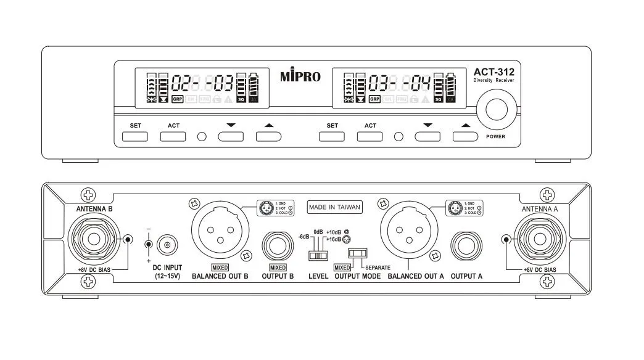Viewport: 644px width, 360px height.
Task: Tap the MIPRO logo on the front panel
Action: [300, 76]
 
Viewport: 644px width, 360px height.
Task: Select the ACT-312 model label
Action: [494, 72]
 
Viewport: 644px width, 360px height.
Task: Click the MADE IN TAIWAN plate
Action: [334, 208]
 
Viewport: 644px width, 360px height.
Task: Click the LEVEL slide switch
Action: [318, 255]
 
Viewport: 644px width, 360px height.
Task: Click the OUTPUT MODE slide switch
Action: [357, 253]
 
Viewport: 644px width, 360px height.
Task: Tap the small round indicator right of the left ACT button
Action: [202, 136]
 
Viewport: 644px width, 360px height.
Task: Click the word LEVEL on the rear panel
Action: [318, 277]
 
